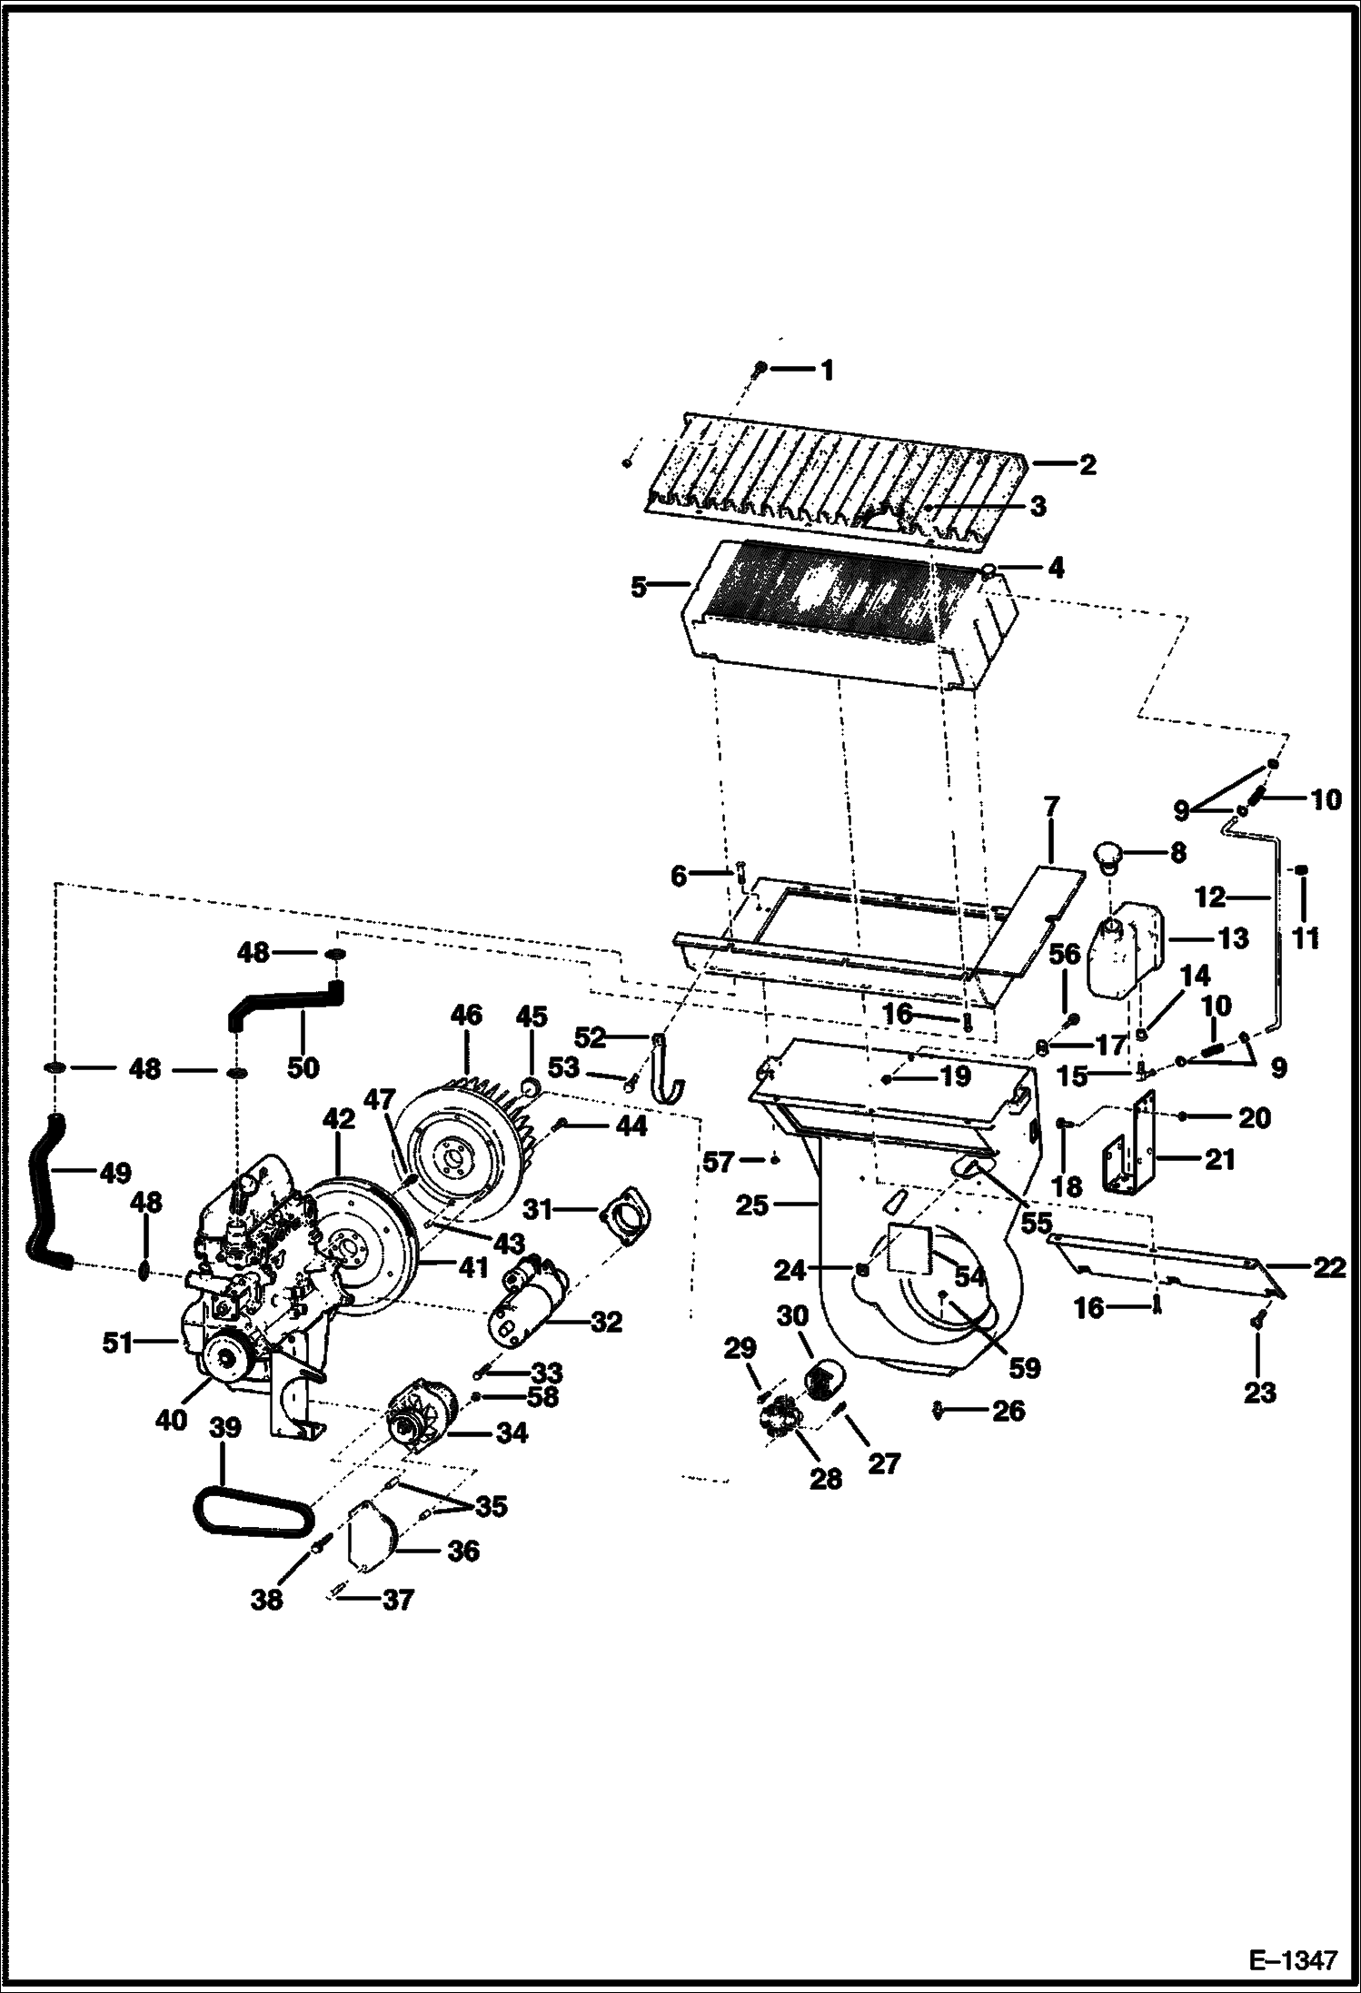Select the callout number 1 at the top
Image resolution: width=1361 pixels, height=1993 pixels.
tap(826, 370)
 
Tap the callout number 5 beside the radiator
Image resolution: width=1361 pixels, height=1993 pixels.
tap(640, 588)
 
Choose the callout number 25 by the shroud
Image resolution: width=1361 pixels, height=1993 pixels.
tap(753, 1206)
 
